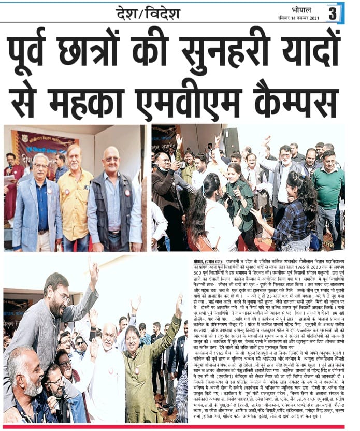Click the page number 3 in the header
coord(333,13)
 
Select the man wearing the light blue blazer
coord(39,207)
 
